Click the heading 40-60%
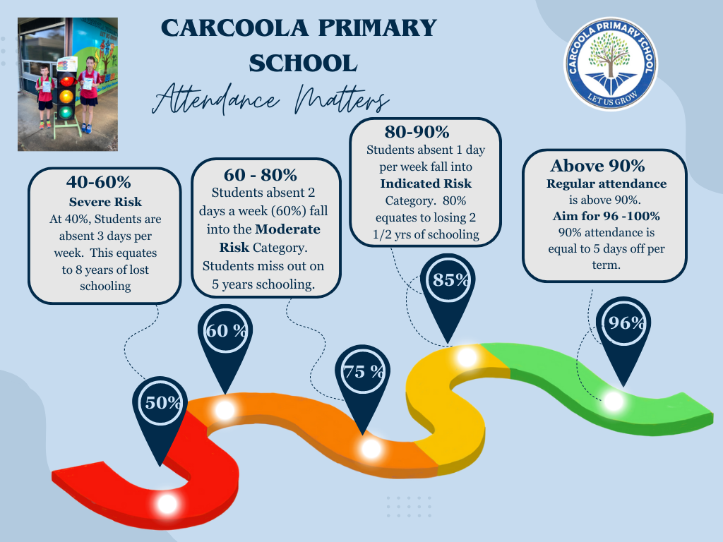(x=98, y=182)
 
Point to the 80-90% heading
(x=417, y=132)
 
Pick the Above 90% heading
(x=597, y=166)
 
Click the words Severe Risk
(x=105, y=202)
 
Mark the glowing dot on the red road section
(x=167, y=504)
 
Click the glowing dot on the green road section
(x=614, y=401)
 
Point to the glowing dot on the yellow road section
(x=467, y=357)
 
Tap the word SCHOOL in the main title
(x=303, y=64)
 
